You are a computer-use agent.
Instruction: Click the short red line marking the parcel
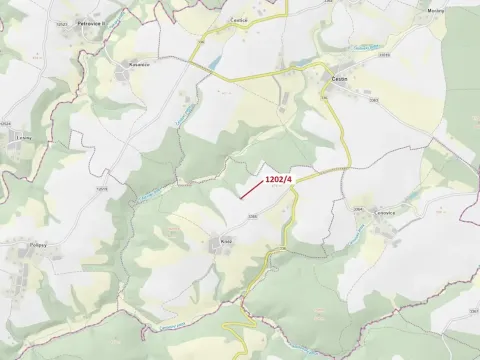coord(251,189)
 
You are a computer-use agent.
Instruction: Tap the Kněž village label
coord(226,240)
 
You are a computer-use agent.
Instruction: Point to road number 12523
coord(63,22)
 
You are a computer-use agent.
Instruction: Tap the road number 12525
coord(102,190)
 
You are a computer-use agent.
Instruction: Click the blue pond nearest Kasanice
coord(213,66)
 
